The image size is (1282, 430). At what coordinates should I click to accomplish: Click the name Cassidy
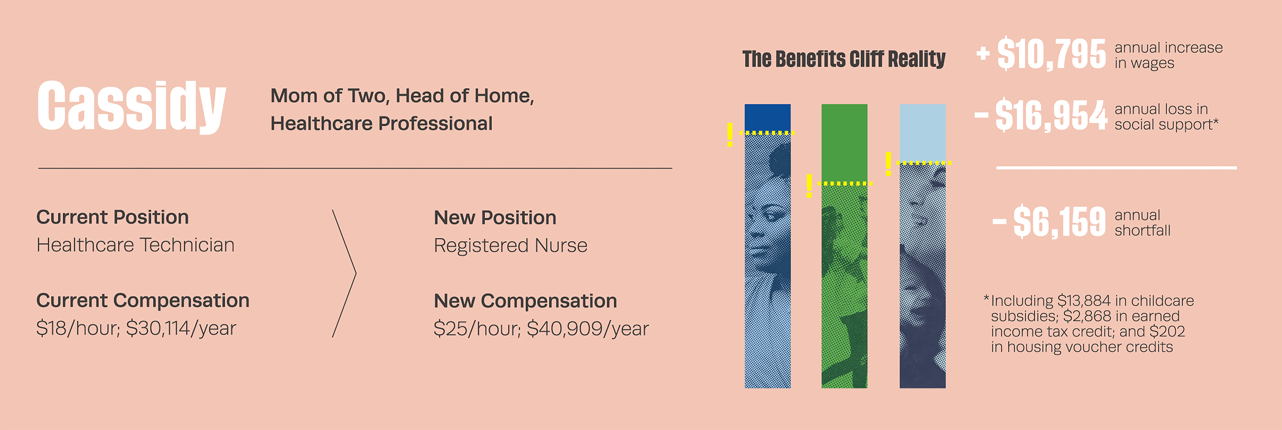click(x=132, y=106)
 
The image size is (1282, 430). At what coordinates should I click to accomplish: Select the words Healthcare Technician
click(x=135, y=245)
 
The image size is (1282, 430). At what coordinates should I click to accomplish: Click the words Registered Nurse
click(x=511, y=245)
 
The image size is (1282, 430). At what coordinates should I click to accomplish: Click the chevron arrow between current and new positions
click(x=355, y=273)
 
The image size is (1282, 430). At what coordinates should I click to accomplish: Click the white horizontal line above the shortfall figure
click(x=1116, y=168)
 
